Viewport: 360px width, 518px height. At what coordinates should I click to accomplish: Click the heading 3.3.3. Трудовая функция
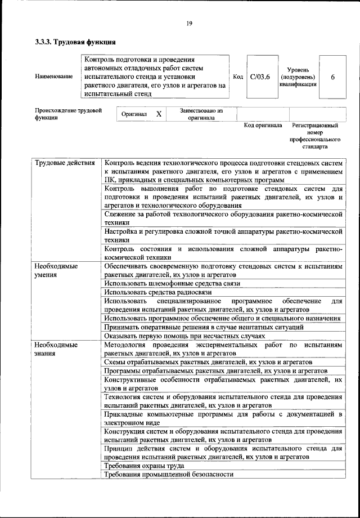75,42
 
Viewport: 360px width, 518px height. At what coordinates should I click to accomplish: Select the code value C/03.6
260,77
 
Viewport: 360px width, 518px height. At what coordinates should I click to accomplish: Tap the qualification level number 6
333,77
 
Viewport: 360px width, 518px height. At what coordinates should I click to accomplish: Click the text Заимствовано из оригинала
201,115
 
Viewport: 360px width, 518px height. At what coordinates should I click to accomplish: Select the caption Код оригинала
263,125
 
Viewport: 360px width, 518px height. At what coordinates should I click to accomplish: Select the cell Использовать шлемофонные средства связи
172,283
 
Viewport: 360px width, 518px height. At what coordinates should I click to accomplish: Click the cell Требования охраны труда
145,466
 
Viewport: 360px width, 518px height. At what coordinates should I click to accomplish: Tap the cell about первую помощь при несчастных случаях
177,336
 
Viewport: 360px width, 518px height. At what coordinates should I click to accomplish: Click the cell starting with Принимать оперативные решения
204,327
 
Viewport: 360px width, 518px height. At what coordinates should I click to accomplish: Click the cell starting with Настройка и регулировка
223,235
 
